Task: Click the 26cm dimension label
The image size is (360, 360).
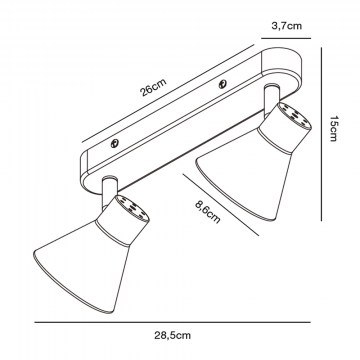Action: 154,88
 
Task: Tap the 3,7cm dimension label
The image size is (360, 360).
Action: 287,26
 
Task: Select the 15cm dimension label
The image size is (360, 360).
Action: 333,128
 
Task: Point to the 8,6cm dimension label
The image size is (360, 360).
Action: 208,212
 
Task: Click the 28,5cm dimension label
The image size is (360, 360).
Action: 172,335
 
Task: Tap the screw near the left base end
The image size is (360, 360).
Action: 115,144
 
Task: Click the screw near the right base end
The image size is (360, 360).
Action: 223,85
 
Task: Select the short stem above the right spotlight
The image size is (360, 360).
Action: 271,98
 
